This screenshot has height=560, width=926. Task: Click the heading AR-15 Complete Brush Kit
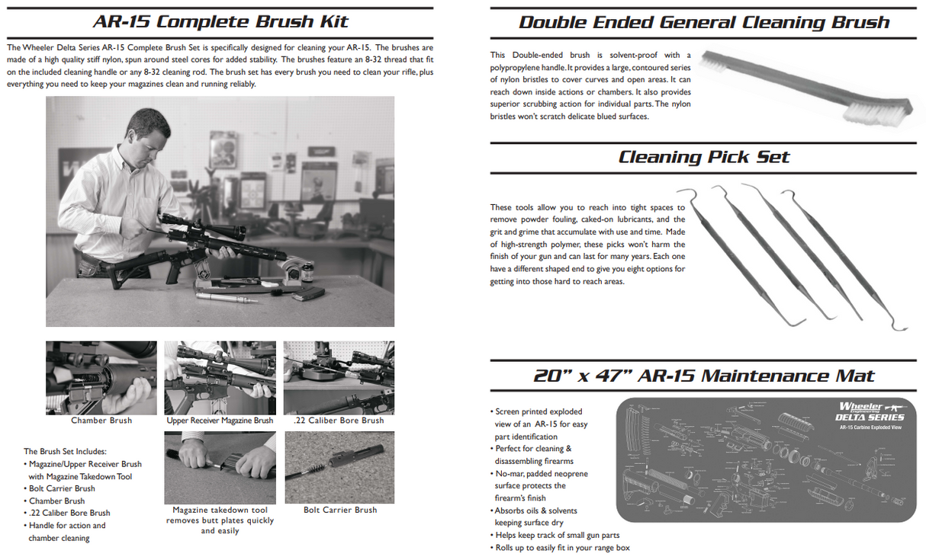point(220,21)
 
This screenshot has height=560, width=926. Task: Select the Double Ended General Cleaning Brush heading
point(703,22)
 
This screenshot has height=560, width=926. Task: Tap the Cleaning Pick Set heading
point(703,157)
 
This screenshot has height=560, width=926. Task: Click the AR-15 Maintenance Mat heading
point(703,376)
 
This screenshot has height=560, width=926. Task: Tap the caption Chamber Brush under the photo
point(101,421)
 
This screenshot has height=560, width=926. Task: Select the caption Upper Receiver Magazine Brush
point(220,421)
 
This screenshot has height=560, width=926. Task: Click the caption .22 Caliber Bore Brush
point(339,421)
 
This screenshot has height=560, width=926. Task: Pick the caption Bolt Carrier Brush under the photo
point(339,510)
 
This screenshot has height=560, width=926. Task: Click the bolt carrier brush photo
point(339,467)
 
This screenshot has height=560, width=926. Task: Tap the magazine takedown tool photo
point(220,467)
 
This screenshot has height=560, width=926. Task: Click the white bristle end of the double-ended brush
point(877,110)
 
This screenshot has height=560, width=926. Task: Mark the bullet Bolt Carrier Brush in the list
point(62,488)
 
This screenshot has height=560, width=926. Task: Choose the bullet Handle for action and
point(67,525)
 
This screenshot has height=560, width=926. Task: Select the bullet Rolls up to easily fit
point(562,547)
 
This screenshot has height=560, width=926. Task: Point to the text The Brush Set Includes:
point(65,451)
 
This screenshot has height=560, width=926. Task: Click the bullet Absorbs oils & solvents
point(535,510)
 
